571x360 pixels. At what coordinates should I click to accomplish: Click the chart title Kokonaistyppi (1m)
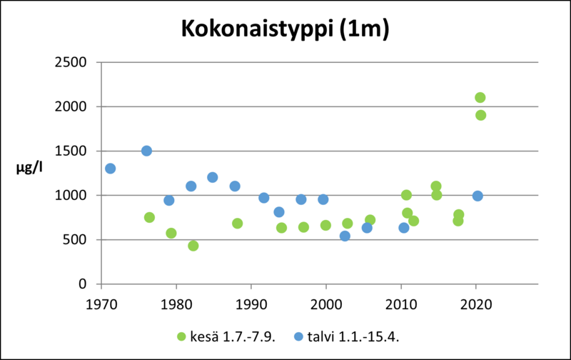tap(285, 29)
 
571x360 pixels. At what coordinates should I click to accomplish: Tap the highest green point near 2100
tap(480, 97)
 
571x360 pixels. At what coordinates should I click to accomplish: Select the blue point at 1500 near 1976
tap(146, 151)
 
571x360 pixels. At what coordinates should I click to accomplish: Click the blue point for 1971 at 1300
tap(110, 169)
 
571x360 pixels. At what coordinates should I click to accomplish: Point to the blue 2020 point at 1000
tap(477, 196)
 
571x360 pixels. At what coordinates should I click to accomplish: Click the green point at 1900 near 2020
tap(480, 115)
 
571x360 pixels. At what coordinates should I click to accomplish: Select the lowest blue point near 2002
tap(345, 236)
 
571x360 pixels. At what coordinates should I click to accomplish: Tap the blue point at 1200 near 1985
tap(213, 177)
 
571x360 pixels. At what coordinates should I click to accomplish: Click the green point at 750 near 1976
tap(149, 217)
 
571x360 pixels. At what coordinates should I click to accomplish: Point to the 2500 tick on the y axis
tap(72, 62)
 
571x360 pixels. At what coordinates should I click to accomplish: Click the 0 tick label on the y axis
tap(84, 284)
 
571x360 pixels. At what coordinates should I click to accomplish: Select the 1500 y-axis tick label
tap(72, 151)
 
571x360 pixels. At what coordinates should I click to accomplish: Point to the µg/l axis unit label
tap(29, 169)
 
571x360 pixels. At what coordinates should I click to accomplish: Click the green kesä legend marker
tap(181, 336)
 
